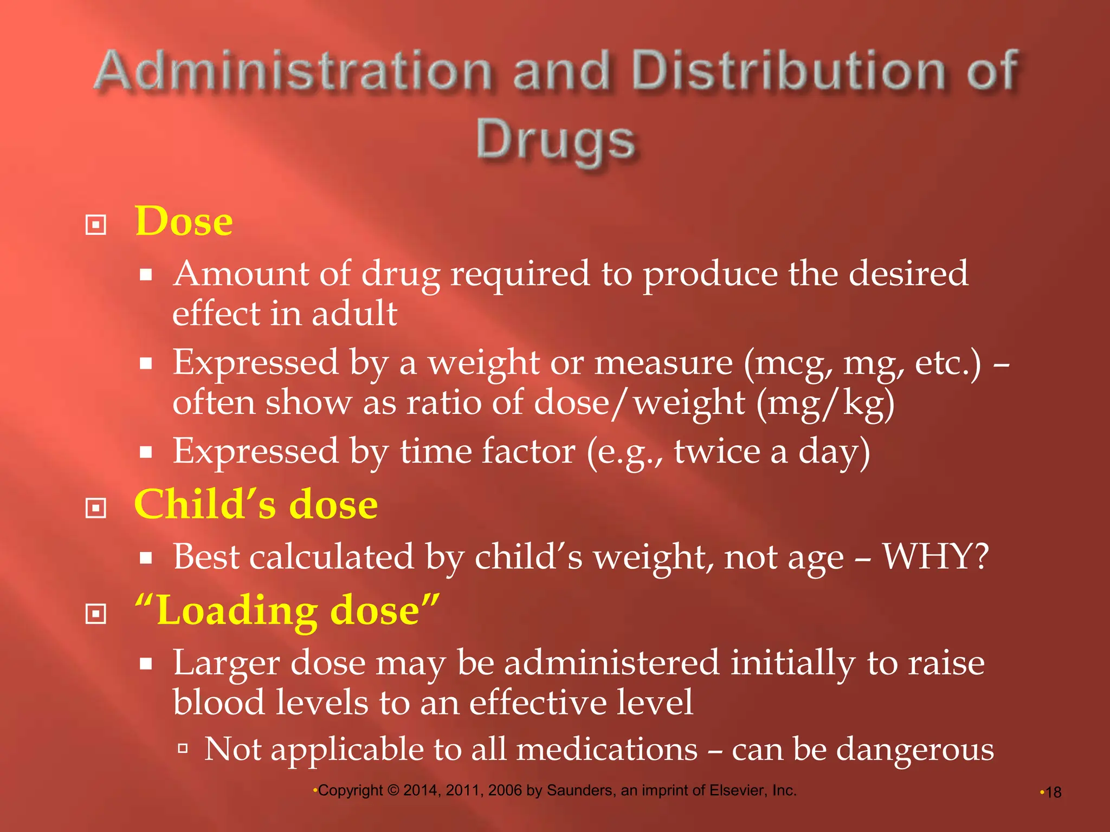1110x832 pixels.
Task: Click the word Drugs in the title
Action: pos(556,141)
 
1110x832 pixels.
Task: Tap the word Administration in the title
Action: pos(293,70)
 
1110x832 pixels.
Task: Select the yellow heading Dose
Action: pos(184,222)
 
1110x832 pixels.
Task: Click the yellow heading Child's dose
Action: pos(256,504)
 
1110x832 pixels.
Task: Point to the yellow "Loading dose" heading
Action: pos(287,610)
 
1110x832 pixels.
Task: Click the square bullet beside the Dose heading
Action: pos(96,225)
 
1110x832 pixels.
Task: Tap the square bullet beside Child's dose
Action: pos(96,508)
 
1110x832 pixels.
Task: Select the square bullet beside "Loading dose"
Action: pos(96,614)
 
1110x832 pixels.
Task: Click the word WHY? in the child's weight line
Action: pos(935,556)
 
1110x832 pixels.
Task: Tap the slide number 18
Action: pos(1053,792)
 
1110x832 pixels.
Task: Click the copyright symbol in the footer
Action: pos(393,791)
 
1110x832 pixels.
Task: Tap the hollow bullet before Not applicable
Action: pos(183,749)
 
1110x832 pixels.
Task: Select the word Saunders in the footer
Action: pos(580,791)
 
